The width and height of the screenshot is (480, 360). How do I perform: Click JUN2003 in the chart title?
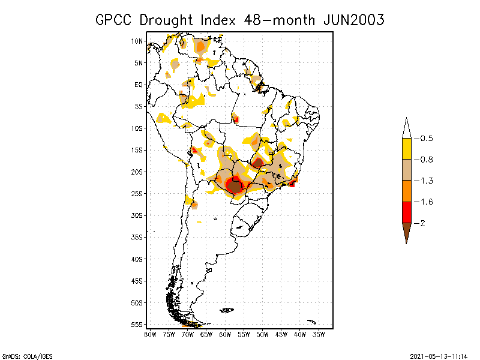tap(353, 20)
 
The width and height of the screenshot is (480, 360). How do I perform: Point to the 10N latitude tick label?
tap(137, 41)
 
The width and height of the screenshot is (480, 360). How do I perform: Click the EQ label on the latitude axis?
tap(139, 85)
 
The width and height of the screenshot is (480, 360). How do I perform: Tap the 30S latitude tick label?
tap(137, 215)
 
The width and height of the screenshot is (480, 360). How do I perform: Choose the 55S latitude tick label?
tap(137, 325)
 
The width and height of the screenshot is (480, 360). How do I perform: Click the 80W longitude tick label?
tap(150, 334)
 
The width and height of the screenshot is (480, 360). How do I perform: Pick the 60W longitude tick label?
tap(226, 334)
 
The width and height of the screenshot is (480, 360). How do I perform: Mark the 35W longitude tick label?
tap(319, 334)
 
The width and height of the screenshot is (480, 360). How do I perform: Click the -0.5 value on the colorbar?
tap(426, 139)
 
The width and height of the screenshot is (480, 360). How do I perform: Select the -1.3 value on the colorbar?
tap(426, 181)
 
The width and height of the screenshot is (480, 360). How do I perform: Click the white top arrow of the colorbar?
tap(406, 128)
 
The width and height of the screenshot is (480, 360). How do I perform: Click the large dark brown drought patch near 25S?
tap(235, 187)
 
